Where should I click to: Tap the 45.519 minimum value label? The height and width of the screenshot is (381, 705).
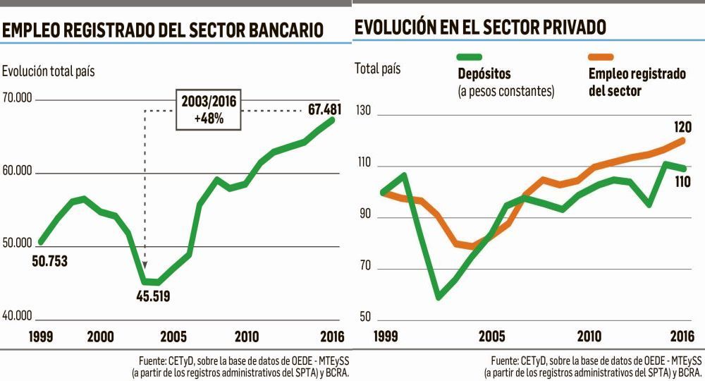(152, 296)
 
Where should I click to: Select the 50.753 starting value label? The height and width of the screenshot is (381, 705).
(50, 261)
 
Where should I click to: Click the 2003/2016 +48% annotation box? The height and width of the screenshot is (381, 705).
(209, 110)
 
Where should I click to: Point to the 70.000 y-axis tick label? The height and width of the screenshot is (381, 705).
(18, 98)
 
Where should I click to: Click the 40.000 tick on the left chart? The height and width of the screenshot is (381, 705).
(18, 315)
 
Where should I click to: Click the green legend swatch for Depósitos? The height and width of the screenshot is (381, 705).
(470, 57)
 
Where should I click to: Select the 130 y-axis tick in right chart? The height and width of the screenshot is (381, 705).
(365, 114)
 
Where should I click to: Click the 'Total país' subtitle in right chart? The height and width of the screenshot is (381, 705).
(377, 68)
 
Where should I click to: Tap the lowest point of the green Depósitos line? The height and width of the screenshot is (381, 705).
(439, 297)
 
